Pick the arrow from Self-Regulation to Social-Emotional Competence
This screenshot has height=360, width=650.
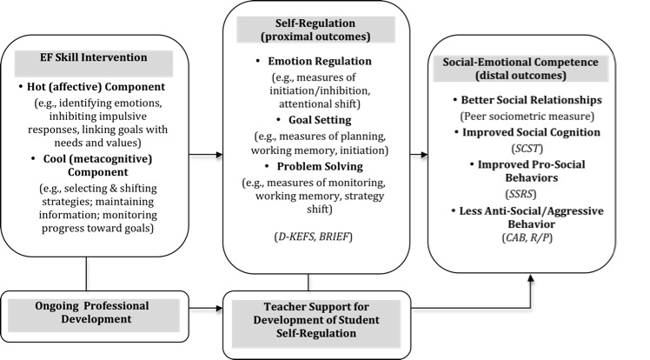[413, 156]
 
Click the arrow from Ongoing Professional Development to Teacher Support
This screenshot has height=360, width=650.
[203, 307]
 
